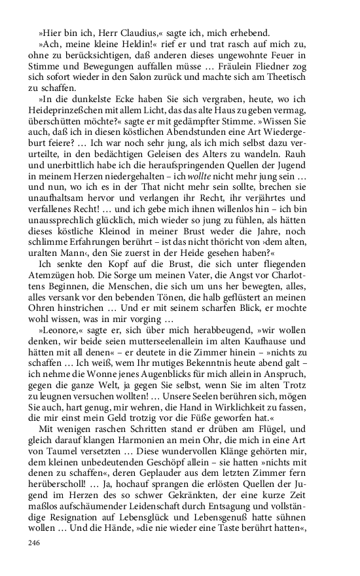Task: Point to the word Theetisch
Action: pos(300,80)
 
